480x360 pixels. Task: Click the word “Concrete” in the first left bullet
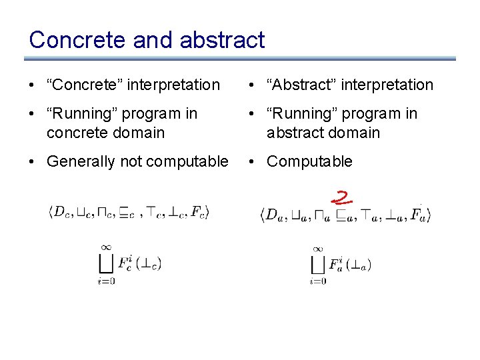pyautogui.click(x=84, y=85)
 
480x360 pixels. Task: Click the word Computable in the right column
pyautogui.click(x=309, y=161)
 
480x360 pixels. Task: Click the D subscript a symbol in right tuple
pyautogui.click(x=273, y=215)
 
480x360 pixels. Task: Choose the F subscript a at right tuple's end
pyautogui.click(x=419, y=215)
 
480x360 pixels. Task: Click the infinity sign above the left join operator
pyautogui.click(x=105, y=247)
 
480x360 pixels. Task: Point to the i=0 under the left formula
pyautogui.click(x=105, y=281)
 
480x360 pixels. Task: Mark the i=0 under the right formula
pyautogui.click(x=318, y=281)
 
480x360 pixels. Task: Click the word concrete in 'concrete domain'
pyautogui.click(x=75, y=133)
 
